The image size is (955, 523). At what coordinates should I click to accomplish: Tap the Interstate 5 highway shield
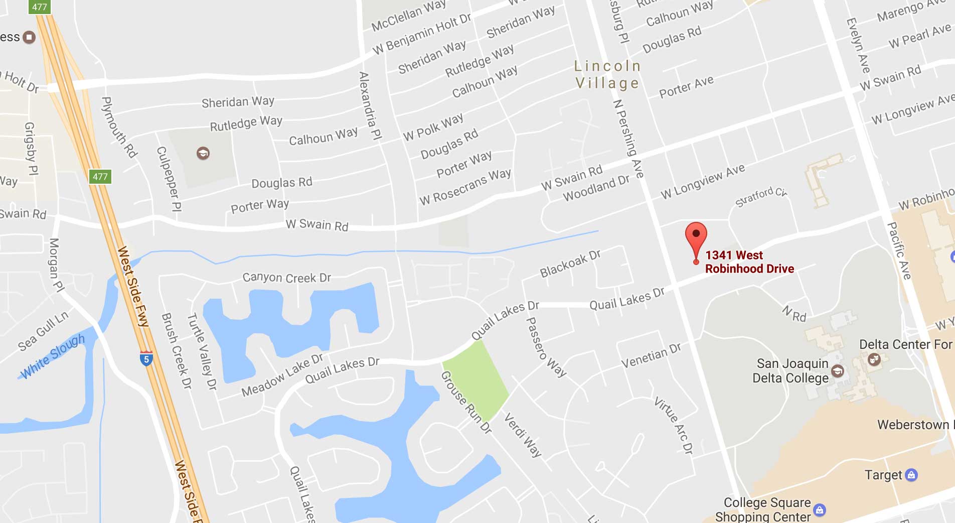point(146,358)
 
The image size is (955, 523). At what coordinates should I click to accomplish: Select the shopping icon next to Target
point(911,474)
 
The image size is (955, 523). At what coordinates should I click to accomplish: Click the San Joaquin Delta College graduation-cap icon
point(838,371)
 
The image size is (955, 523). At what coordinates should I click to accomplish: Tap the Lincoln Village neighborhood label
point(607,74)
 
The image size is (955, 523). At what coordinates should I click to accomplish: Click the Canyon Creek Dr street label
point(286,278)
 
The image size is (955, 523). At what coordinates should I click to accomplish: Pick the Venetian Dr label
point(651,355)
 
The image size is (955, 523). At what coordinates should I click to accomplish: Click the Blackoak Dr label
point(570,264)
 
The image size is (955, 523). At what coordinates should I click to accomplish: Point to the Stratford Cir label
point(761,197)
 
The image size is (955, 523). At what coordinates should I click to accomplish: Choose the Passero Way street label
point(546,347)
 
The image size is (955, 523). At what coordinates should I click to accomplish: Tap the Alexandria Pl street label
point(371,105)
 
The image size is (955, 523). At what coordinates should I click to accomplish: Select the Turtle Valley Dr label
point(202,351)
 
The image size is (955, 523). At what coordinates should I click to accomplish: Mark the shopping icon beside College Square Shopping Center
point(820,510)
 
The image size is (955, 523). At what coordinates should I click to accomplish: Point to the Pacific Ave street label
point(899,251)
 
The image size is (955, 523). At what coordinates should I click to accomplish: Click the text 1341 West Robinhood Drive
point(749,262)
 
